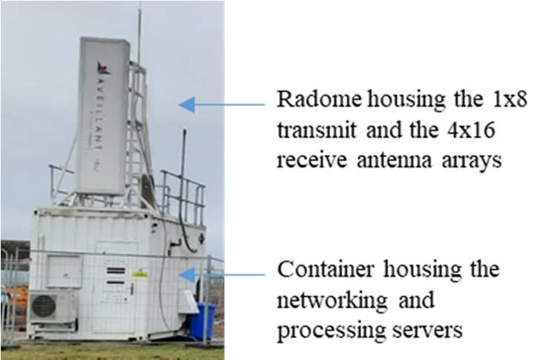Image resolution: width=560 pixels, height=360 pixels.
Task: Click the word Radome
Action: click(319, 99)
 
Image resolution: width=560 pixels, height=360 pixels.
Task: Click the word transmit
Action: click(317, 130)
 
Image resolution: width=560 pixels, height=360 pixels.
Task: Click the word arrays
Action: click(472, 162)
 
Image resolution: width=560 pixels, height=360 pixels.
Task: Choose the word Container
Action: click(326, 269)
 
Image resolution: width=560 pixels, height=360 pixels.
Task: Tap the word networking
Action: click(332, 301)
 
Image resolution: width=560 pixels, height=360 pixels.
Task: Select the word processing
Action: click(331, 332)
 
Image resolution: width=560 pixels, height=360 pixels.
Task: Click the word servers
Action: click(427, 331)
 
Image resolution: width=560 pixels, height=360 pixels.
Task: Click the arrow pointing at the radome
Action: click(222, 105)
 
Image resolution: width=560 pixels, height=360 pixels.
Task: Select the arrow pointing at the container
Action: click(222, 275)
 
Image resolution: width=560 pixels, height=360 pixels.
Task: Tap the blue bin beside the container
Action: click(202, 321)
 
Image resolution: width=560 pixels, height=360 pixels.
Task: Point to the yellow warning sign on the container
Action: click(140, 274)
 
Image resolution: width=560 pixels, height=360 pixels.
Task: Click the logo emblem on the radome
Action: click(103, 68)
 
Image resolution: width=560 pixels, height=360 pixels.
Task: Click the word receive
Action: click(312, 160)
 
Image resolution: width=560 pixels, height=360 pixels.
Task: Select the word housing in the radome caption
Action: click(406, 99)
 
